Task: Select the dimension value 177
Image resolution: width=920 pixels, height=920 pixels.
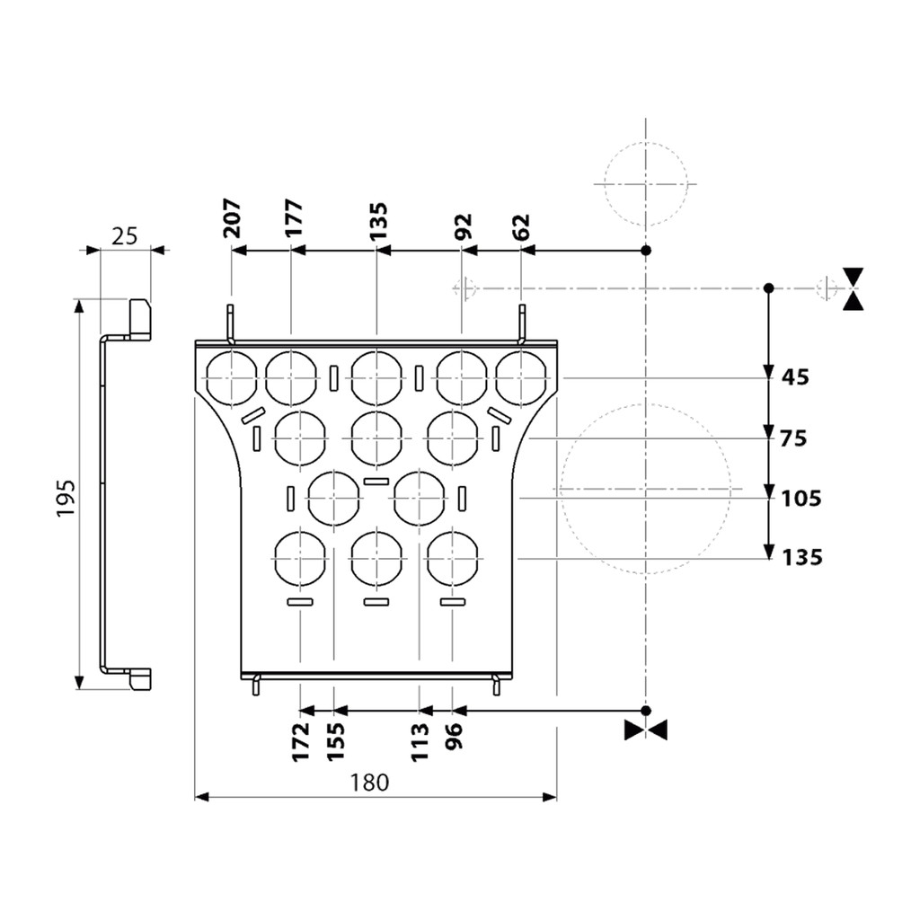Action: [293, 218]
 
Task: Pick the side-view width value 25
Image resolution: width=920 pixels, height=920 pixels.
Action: [125, 236]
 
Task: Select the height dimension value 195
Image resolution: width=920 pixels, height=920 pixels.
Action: [65, 497]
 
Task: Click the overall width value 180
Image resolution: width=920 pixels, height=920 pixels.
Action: [369, 783]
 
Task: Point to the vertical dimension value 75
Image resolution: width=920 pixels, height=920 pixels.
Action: [794, 438]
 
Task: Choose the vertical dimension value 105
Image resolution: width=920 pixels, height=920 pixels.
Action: [801, 498]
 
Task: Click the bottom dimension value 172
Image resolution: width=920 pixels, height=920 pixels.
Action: [301, 742]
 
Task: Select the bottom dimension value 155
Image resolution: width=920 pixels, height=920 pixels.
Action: [335, 742]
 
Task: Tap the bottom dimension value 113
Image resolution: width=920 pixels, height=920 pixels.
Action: [420, 742]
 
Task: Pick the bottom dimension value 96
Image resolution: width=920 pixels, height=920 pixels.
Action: [454, 736]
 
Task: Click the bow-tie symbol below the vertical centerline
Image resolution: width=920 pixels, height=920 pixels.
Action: [646, 730]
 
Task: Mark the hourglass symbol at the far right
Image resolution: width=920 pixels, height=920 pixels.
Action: [854, 288]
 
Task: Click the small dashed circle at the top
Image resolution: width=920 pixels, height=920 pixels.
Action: [646, 184]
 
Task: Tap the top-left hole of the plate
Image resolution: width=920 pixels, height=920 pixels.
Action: [231, 377]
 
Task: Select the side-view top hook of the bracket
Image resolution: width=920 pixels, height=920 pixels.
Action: [139, 319]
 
